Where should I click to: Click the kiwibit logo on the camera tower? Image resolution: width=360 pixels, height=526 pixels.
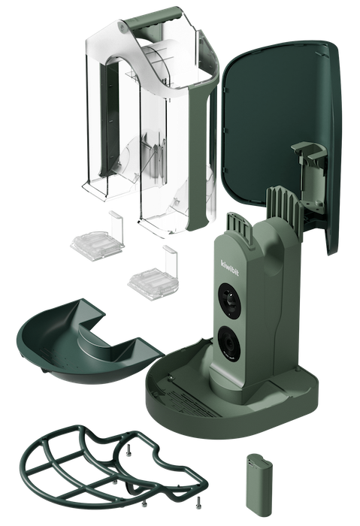(x=230, y=268)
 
